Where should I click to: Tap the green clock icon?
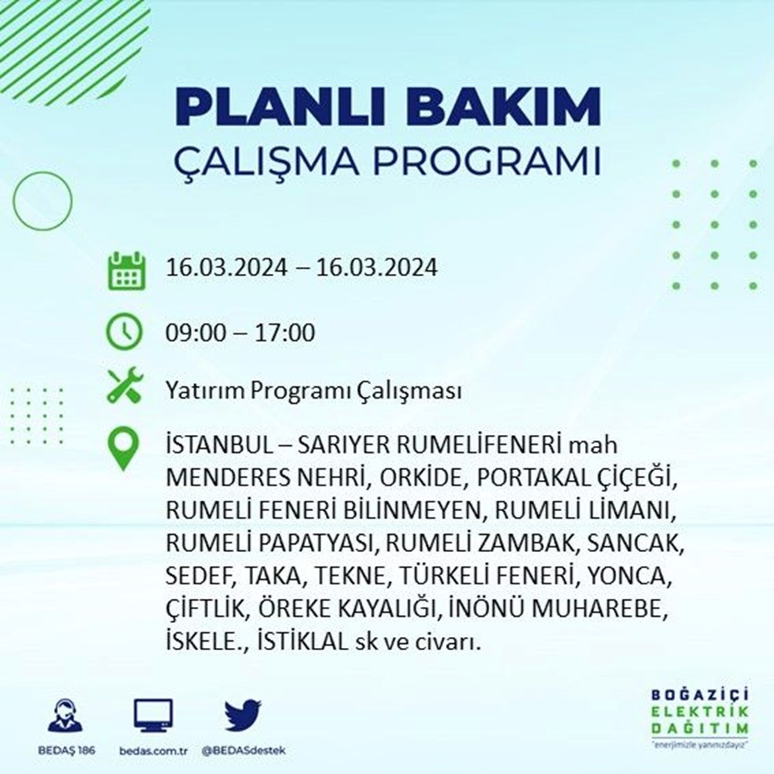click(125, 331)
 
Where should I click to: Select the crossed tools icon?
click(125, 385)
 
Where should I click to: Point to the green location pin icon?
click(123, 448)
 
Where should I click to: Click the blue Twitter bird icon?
click(243, 714)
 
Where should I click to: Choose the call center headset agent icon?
click(66, 715)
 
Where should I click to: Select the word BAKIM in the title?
click(504, 107)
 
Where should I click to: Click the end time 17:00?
click(285, 332)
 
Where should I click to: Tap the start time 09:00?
click(196, 332)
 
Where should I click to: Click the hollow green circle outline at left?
click(14, 201)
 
